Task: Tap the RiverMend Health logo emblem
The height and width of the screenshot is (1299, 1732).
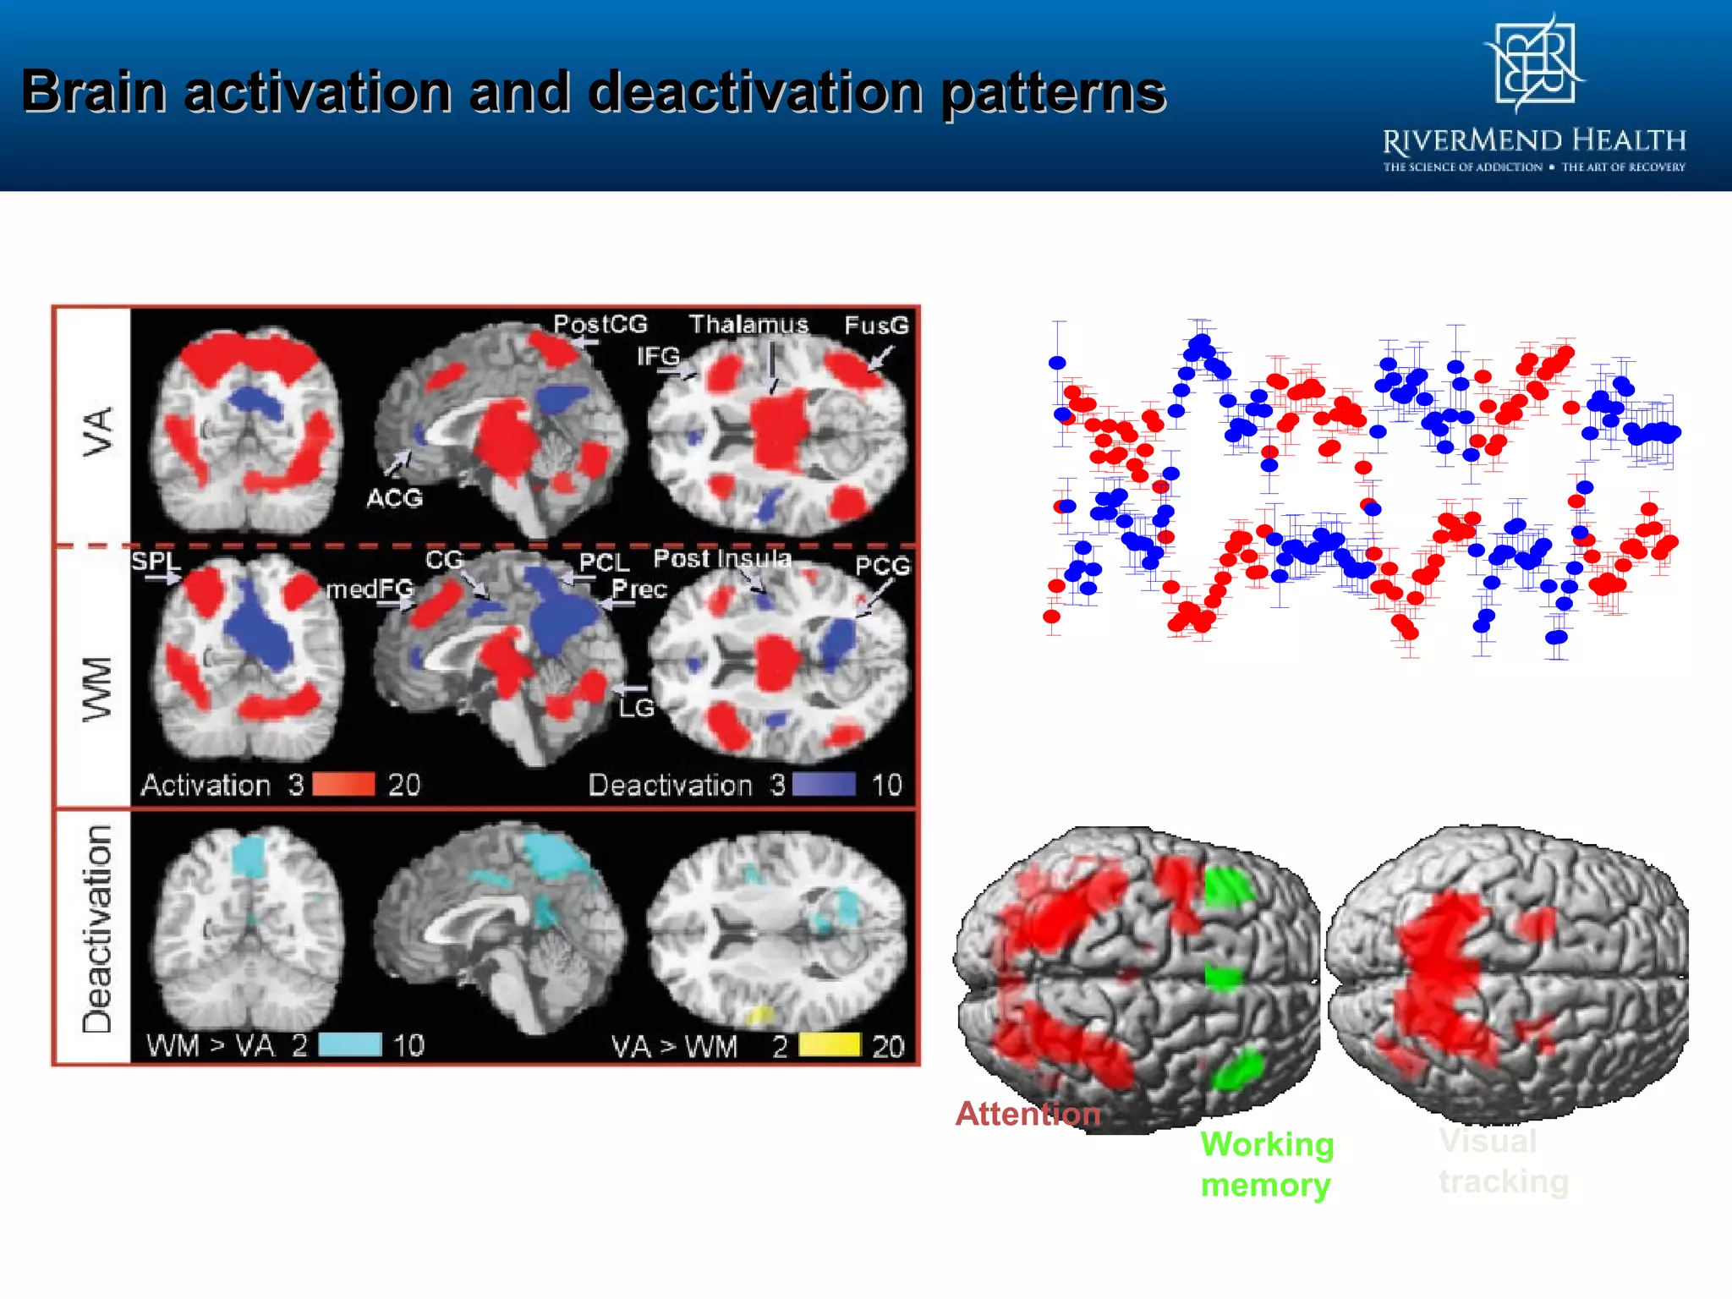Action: click(x=1535, y=64)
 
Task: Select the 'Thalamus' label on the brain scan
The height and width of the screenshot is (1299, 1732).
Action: click(x=748, y=325)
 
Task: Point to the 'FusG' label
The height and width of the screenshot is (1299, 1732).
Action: click(x=876, y=326)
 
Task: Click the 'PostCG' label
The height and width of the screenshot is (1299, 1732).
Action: click(x=600, y=324)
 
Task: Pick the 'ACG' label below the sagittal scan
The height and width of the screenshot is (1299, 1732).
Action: click(x=395, y=498)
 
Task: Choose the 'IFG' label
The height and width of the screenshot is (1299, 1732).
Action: click(x=658, y=356)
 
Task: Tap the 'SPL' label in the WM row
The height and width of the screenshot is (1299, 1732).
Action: click(x=156, y=562)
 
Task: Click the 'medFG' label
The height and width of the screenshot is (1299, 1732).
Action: click(x=370, y=589)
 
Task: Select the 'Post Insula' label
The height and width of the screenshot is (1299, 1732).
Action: click(x=722, y=558)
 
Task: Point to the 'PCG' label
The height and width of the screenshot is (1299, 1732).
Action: click(x=882, y=566)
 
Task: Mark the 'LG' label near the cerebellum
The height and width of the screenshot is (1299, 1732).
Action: click(x=636, y=708)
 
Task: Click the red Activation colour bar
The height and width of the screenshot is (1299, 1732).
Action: click(x=343, y=785)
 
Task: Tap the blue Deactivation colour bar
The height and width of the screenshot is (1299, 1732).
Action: click(x=824, y=785)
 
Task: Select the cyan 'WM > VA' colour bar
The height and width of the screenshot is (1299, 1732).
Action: click(x=349, y=1045)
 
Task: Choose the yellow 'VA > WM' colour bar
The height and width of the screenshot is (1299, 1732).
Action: click(x=830, y=1045)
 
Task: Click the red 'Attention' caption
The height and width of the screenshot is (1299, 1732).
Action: click(x=1028, y=1114)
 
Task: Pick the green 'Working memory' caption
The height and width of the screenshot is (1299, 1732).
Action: click(x=1266, y=1165)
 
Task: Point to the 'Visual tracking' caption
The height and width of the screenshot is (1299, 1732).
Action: click(x=1503, y=1161)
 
